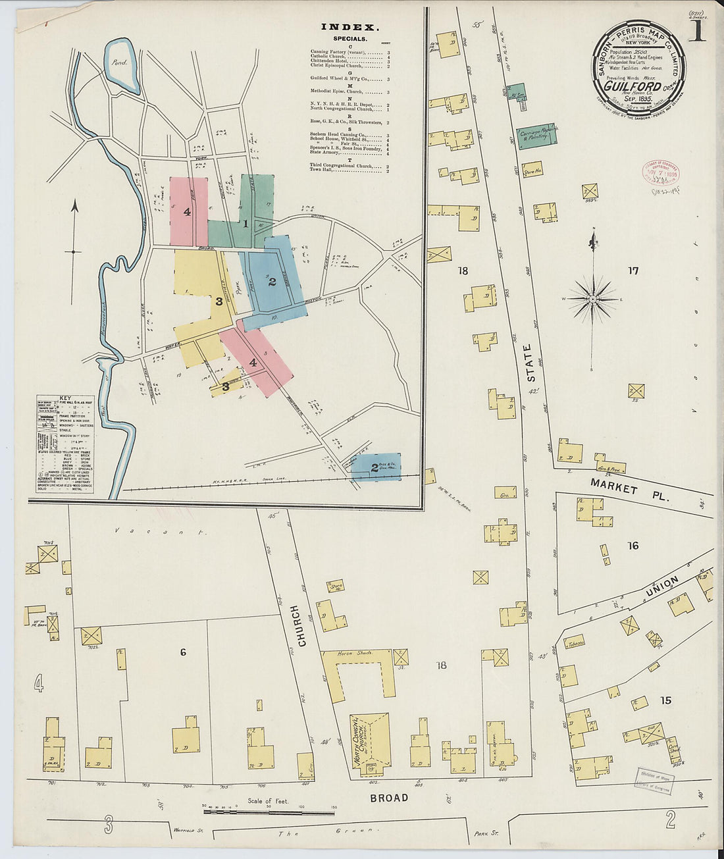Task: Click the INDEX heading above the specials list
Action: [349, 28]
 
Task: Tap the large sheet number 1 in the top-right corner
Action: [697, 31]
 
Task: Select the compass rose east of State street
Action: [593, 299]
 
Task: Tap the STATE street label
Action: [527, 363]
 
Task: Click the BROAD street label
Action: [388, 798]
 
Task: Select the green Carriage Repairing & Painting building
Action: [538, 136]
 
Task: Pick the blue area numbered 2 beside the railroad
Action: [376, 467]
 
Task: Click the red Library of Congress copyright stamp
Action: [660, 172]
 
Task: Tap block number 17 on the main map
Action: [633, 270]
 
